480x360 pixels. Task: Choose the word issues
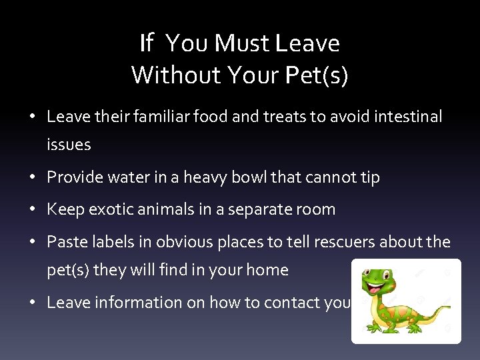click(x=69, y=145)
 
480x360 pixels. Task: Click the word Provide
click(x=75, y=177)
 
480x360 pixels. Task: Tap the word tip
click(x=369, y=177)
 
